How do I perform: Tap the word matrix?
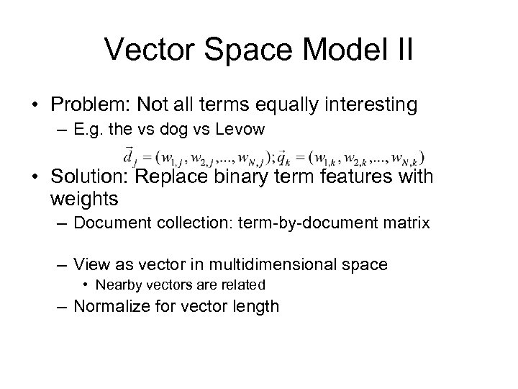coord(406,224)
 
